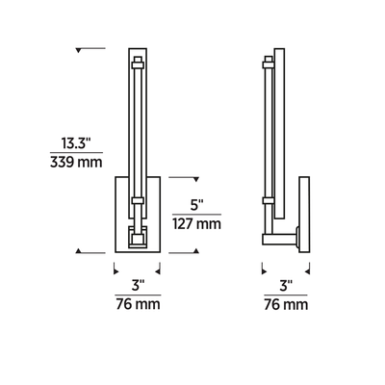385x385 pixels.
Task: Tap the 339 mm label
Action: (76, 162)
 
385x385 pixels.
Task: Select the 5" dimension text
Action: (197, 205)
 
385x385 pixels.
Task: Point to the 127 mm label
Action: (197, 223)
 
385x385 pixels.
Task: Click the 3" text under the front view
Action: (138, 286)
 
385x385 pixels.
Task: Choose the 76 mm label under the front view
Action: (138, 304)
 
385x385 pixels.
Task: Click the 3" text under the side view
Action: (286, 286)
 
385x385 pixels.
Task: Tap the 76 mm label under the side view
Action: (286, 304)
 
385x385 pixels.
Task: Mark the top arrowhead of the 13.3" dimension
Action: (79, 50)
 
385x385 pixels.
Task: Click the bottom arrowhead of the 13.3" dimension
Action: (79, 250)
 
